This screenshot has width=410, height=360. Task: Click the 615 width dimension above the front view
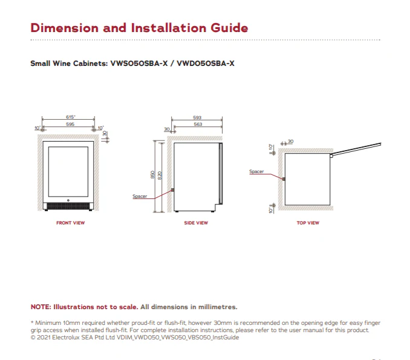click(71, 117)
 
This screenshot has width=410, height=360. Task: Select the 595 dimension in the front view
click(71, 124)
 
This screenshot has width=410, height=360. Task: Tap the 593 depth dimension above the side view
click(197, 117)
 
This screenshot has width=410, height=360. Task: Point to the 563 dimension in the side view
click(197, 124)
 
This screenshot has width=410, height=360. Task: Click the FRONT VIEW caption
click(71, 223)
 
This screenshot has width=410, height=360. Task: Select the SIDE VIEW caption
click(196, 223)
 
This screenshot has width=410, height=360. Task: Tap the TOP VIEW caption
click(308, 223)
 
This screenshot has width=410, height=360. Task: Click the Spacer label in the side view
click(140, 196)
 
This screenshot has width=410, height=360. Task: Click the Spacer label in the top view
click(256, 172)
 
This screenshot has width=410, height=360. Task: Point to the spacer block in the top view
click(284, 179)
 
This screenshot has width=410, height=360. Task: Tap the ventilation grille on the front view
click(70, 208)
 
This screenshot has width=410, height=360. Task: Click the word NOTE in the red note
click(41, 307)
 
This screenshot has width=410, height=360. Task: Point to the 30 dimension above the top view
click(290, 142)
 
